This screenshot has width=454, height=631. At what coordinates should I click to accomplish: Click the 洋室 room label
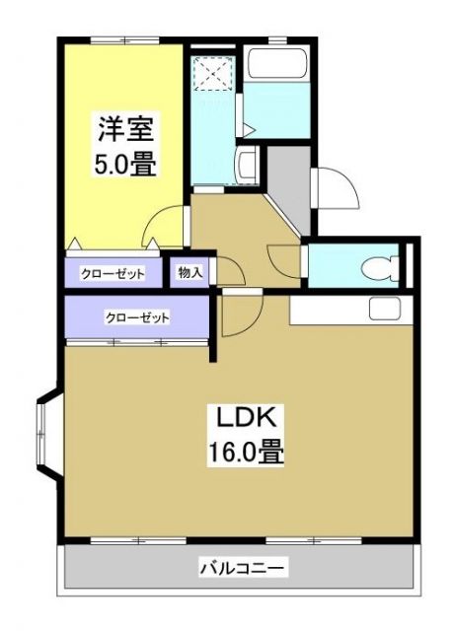point(125,128)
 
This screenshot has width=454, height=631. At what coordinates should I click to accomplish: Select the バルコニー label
point(243,569)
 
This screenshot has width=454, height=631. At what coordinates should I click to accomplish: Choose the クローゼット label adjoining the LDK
point(137,318)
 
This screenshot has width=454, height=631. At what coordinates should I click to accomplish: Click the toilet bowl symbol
point(380,265)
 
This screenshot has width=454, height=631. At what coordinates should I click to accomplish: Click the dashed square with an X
point(211,72)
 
